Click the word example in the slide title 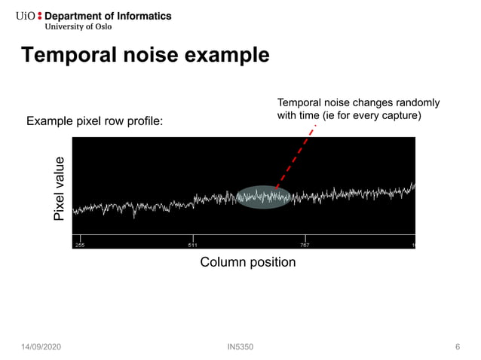pos(225,56)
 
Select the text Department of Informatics pos(108,16)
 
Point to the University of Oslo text pos(81,28)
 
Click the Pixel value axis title pos(59,189)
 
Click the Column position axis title pos(247,262)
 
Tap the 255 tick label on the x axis pos(79,245)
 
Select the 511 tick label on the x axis pos(193,245)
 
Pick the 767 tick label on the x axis pos(305,245)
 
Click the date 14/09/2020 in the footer pos(42,346)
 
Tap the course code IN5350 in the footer pos(240,346)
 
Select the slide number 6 pos(458,346)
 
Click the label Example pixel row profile pos(94,121)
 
